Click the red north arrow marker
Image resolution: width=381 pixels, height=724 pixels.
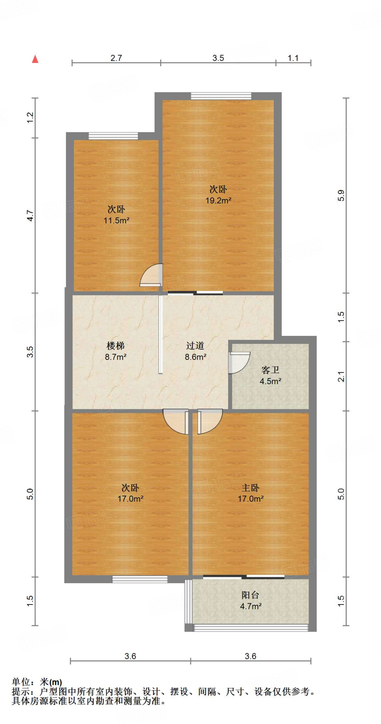click(x=35, y=59)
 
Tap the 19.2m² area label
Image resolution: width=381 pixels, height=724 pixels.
click(x=218, y=200)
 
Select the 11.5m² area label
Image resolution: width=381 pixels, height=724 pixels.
click(x=116, y=221)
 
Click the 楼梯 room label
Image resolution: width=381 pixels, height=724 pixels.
click(x=116, y=346)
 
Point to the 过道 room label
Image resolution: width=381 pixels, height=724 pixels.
click(x=195, y=346)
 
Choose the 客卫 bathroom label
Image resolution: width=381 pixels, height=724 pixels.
click(x=271, y=370)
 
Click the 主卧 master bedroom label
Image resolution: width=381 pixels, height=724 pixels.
click(x=250, y=488)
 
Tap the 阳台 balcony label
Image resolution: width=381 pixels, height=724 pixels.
click(x=250, y=595)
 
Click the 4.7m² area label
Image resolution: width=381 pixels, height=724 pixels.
click(x=251, y=607)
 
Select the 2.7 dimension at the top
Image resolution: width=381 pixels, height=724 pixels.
click(x=116, y=58)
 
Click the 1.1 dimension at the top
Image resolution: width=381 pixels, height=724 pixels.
click(x=293, y=58)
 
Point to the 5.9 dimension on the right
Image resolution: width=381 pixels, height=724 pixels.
click(x=341, y=195)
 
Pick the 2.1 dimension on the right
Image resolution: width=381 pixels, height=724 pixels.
click(x=341, y=376)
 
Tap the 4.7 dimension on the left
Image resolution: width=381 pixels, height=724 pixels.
click(x=30, y=216)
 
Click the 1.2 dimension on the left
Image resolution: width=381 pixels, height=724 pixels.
click(x=30, y=117)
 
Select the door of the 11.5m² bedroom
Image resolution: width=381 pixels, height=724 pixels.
click(x=151, y=275)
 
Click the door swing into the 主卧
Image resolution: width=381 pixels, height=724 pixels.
click(x=210, y=421)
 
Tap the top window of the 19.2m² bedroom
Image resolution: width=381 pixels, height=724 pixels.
click(x=221, y=96)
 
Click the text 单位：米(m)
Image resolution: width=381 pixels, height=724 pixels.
click(x=37, y=682)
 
